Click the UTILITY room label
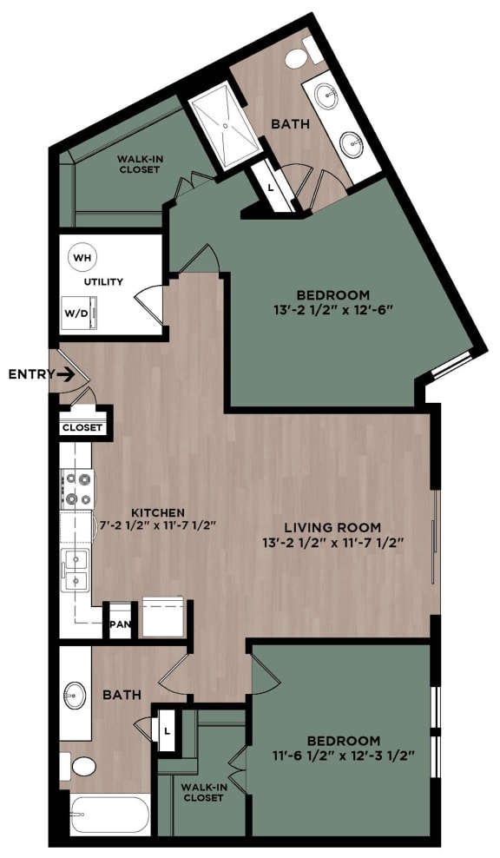(104, 282)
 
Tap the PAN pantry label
(119, 624)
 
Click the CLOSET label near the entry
(82, 427)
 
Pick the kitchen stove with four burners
(76, 488)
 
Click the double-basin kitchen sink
(76, 570)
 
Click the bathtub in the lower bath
(102, 816)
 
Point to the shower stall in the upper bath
(223, 124)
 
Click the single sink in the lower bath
(76, 695)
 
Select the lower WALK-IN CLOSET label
(201, 792)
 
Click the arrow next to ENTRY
(63, 374)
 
